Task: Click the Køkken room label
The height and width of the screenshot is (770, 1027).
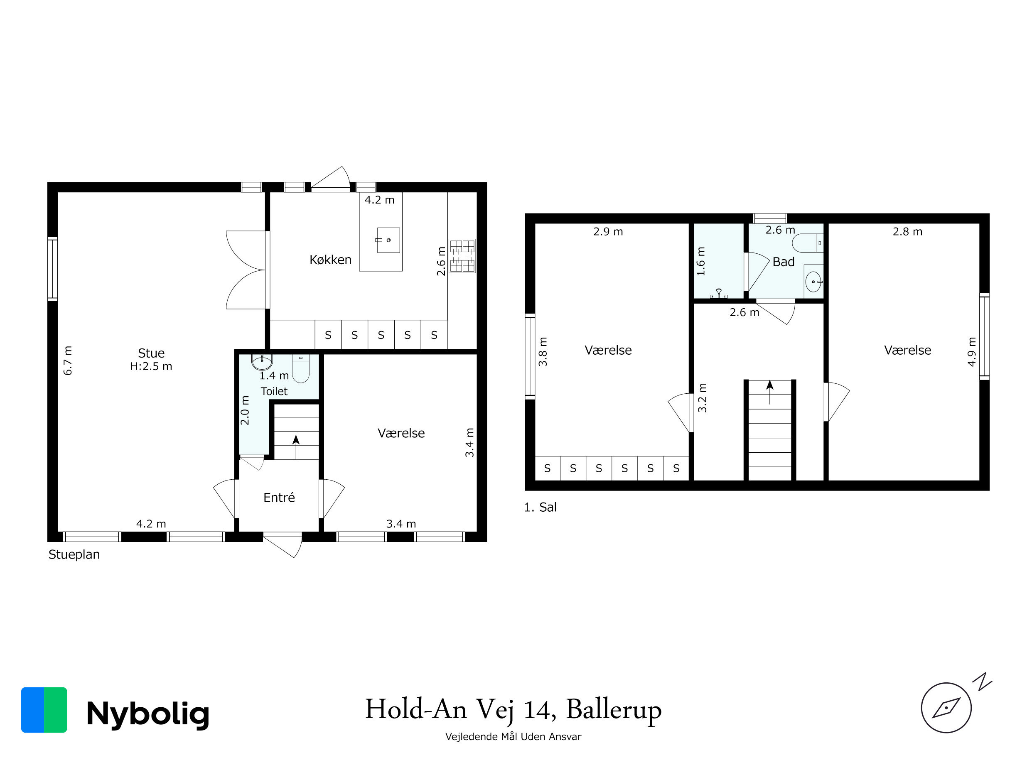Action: (x=331, y=260)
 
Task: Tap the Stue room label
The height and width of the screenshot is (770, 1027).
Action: (x=151, y=353)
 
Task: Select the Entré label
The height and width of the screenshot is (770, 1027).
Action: (x=279, y=498)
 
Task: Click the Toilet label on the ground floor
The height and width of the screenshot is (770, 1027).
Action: (x=274, y=391)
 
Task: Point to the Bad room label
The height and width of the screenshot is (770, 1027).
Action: (x=784, y=262)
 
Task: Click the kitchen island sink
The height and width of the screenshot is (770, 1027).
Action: (x=388, y=240)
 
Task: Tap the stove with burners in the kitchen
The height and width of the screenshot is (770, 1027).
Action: (x=462, y=256)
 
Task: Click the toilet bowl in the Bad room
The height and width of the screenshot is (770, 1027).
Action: (x=807, y=243)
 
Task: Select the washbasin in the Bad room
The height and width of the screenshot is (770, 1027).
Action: (x=813, y=281)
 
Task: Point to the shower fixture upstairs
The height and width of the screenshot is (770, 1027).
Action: (x=719, y=293)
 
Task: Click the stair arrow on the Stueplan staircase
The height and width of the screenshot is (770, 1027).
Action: (x=296, y=446)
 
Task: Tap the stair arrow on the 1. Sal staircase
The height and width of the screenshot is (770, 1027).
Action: (x=770, y=392)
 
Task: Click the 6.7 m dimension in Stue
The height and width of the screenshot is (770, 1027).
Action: (x=68, y=360)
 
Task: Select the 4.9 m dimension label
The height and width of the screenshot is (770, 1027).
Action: (x=972, y=352)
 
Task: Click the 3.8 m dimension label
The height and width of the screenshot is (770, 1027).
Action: (x=543, y=352)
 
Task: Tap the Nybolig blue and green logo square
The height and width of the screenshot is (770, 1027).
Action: (x=44, y=710)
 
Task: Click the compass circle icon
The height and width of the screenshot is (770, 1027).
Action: (x=946, y=708)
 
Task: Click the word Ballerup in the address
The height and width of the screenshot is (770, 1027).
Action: (x=614, y=710)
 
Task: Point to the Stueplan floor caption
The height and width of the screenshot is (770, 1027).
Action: (x=74, y=554)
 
